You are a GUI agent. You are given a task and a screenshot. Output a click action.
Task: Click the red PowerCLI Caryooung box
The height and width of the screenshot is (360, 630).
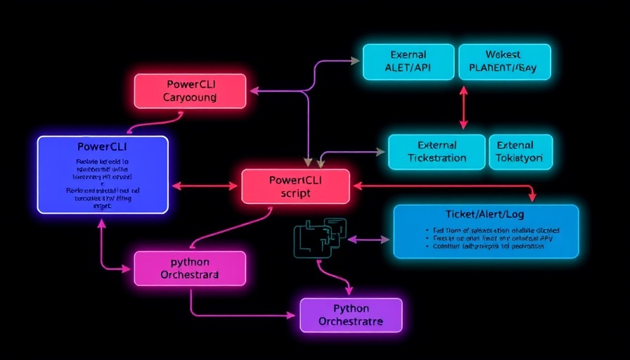pyautogui.click(x=190, y=91)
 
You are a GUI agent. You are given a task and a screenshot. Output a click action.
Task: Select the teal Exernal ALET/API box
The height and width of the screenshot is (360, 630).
pyautogui.click(x=408, y=61)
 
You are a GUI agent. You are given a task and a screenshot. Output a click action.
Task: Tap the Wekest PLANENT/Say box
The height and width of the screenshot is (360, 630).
pyautogui.click(x=504, y=61)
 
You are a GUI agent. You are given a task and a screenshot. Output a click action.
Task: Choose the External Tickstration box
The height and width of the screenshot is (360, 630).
pyautogui.click(x=437, y=152)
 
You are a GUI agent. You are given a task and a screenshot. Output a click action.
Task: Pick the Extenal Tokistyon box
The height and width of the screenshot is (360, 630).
pyautogui.click(x=520, y=152)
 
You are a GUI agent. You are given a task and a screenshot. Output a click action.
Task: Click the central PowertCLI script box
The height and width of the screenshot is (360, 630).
pyautogui.click(x=295, y=186)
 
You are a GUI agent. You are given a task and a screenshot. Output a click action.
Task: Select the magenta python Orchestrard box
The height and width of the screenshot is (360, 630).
pyautogui.click(x=190, y=268)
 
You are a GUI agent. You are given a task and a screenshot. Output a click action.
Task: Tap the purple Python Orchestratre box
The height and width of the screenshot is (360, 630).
pyautogui.click(x=351, y=315)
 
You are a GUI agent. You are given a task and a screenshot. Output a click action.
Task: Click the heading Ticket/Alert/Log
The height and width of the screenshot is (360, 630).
pyautogui.click(x=484, y=213)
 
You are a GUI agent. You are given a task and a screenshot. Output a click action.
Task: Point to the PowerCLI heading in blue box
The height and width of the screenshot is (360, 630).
pyautogui.click(x=103, y=147)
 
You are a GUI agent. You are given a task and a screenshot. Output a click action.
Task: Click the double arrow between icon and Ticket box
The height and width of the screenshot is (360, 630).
pyautogui.click(x=368, y=240)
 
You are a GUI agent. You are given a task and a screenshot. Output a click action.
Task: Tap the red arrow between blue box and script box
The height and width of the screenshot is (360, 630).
pyautogui.click(x=205, y=186)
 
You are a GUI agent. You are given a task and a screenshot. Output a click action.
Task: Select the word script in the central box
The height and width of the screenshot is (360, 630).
pyautogui.click(x=295, y=193)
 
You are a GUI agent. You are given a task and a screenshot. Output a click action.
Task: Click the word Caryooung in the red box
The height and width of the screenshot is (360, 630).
pyautogui.click(x=190, y=98)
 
